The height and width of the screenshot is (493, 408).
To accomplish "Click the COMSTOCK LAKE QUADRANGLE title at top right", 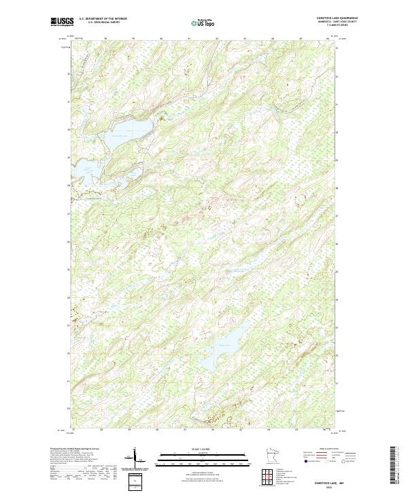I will coord(337,18).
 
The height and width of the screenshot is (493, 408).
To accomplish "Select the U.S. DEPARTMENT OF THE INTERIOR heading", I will coord(103,18).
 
